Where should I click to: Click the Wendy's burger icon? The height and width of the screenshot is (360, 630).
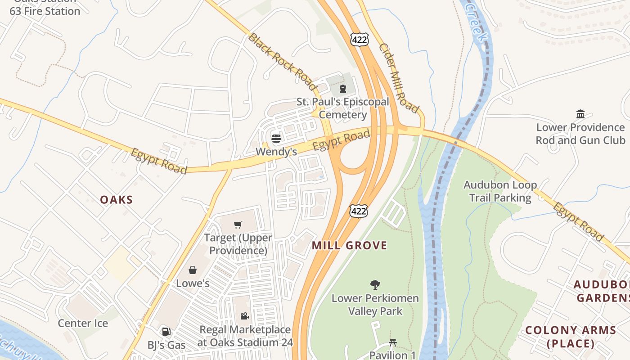click(276, 138)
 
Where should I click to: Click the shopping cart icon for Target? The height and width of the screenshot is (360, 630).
click(238, 225)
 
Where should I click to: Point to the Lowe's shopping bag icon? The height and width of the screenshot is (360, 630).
click(193, 270)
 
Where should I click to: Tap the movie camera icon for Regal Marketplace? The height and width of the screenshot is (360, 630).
click(244, 316)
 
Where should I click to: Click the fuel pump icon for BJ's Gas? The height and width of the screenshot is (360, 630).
click(166, 332)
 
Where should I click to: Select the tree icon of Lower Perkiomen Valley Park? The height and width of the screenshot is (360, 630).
click(374, 284)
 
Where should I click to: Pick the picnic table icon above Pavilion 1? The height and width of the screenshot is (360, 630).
click(392, 343)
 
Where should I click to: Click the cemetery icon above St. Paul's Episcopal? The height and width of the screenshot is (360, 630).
click(343, 88)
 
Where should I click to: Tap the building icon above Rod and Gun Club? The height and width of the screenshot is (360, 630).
click(580, 114)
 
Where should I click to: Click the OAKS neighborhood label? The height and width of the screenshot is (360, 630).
click(117, 200)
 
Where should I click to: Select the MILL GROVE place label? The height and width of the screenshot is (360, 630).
click(349, 245)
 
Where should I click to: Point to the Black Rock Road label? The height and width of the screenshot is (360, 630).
click(282, 61)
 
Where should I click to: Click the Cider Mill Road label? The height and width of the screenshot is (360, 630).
click(399, 78)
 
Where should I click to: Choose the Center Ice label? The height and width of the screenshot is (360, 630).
click(83, 323)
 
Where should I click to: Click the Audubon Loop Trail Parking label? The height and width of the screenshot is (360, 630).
click(500, 191)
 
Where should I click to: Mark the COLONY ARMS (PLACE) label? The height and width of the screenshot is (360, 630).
click(571, 337)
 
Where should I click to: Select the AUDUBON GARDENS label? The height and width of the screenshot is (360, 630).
click(602, 291)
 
